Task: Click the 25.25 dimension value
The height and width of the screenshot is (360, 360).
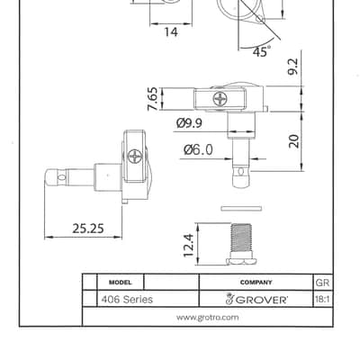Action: coord(88,229)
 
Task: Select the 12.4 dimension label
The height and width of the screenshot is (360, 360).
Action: coord(189,246)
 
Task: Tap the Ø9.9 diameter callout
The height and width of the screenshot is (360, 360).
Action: coord(189,123)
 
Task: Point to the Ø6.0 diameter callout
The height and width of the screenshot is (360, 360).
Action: coord(198,149)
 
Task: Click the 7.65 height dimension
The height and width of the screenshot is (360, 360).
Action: coord(152,99)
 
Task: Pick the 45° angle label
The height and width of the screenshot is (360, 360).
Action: coord(260,52)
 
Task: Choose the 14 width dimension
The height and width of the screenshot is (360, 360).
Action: coord(171,31)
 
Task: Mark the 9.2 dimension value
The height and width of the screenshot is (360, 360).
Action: coord(292,67)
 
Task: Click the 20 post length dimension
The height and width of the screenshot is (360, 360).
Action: coord(294,141)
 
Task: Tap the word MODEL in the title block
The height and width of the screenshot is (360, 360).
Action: coord(120,283)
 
